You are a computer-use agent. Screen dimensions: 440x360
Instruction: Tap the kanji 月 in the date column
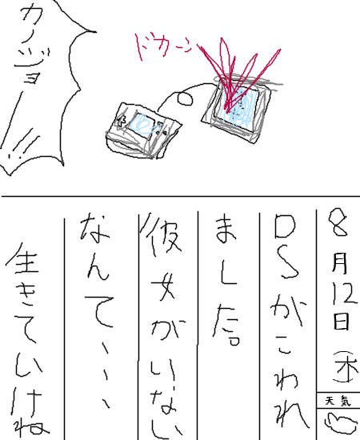click(x=339, y=262)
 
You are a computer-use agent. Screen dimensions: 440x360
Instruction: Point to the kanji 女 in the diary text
click(x=161, y=285)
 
